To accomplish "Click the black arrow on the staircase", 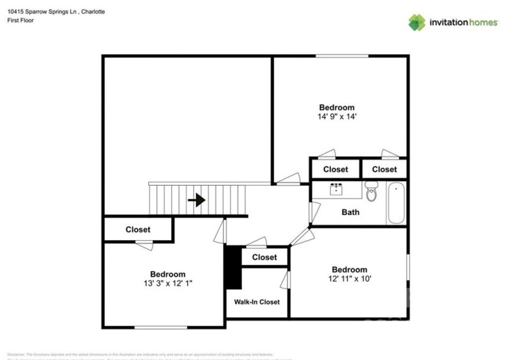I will point(197,200).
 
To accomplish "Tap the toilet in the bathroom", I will point(372,190).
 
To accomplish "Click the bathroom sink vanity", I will point(337,189).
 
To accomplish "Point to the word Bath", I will point(350,213).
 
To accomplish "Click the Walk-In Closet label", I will point(257,302).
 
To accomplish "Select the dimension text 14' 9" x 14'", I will point(337,117).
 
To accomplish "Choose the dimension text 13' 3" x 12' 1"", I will point(167,283).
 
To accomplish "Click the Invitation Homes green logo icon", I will point(417,22).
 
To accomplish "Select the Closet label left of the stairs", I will point(138,230).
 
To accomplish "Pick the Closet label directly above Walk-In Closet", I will point(264,257).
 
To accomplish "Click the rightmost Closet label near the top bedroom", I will point(385,169).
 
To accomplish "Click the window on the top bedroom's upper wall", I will point(342,56).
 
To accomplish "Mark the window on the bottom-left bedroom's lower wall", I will point(160,327).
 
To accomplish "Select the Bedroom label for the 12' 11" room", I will point(349,269).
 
